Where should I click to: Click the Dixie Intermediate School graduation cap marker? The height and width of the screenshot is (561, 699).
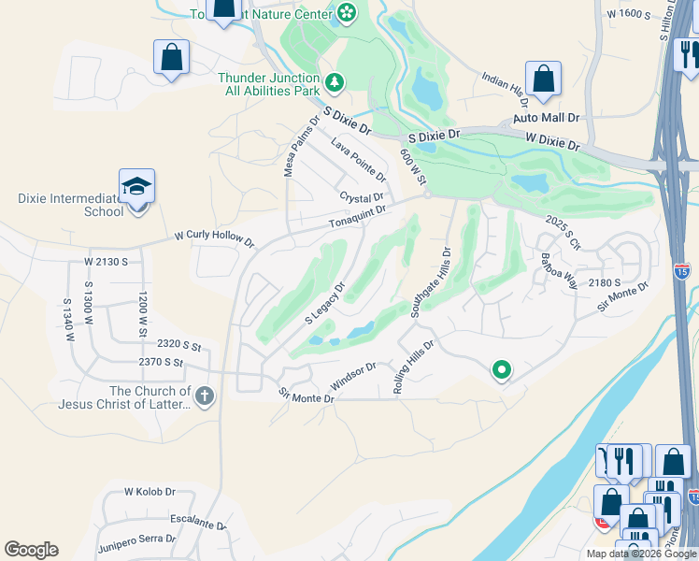click(137, 187)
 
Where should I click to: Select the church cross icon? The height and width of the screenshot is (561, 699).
click(205, 396)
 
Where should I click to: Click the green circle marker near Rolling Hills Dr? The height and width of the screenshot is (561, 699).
click(502, 370)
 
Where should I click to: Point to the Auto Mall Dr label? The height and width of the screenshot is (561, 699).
click(547, 119)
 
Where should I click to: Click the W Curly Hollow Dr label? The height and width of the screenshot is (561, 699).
click(214, 240)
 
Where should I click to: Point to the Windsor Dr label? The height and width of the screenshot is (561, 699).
click(353, 377)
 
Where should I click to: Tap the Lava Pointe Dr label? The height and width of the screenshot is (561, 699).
click(358, 158)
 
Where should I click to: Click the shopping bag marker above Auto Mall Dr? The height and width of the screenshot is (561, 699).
click(543, 80)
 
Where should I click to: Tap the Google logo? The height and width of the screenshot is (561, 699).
click(31, 550)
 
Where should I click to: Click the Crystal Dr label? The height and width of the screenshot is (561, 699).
click(362, 198)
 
